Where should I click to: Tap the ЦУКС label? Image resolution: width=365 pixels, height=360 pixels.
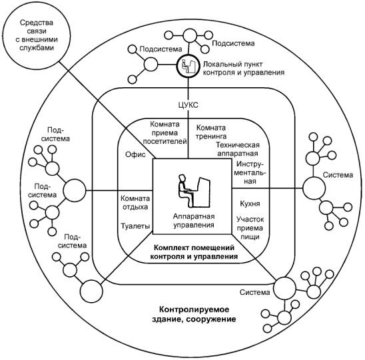[188, 105]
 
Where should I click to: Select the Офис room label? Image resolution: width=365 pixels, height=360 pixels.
[135, 154]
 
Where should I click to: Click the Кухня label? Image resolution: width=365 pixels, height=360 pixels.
[250, 204]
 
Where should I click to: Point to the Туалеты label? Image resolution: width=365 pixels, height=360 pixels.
[135, 226]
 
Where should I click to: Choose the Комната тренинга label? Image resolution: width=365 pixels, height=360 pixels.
[211, 132]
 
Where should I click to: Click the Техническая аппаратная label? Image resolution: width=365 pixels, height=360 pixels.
[238, 149]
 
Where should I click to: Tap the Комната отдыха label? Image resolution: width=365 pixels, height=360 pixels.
[135, 202]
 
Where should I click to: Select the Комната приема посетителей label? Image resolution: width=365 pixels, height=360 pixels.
[165, 132]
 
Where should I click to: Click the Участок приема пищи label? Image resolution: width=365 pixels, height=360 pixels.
[250, 228]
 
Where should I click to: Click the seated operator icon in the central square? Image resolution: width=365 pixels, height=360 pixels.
[194, 191]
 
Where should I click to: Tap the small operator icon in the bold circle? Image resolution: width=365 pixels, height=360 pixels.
[188, 66]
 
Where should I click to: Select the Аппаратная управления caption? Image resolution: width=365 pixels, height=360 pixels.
[194, 221]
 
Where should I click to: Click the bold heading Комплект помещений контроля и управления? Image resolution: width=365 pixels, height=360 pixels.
[194, 252]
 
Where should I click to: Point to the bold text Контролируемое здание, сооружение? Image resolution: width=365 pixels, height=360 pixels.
[194, 314]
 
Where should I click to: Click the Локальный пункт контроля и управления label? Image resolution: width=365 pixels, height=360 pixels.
[244, 68]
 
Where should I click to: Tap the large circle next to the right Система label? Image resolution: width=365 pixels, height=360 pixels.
[314, 188]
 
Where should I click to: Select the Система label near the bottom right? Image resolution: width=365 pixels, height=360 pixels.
[254, 292]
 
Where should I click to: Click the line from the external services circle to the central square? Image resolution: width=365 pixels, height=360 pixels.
[107, 110]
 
